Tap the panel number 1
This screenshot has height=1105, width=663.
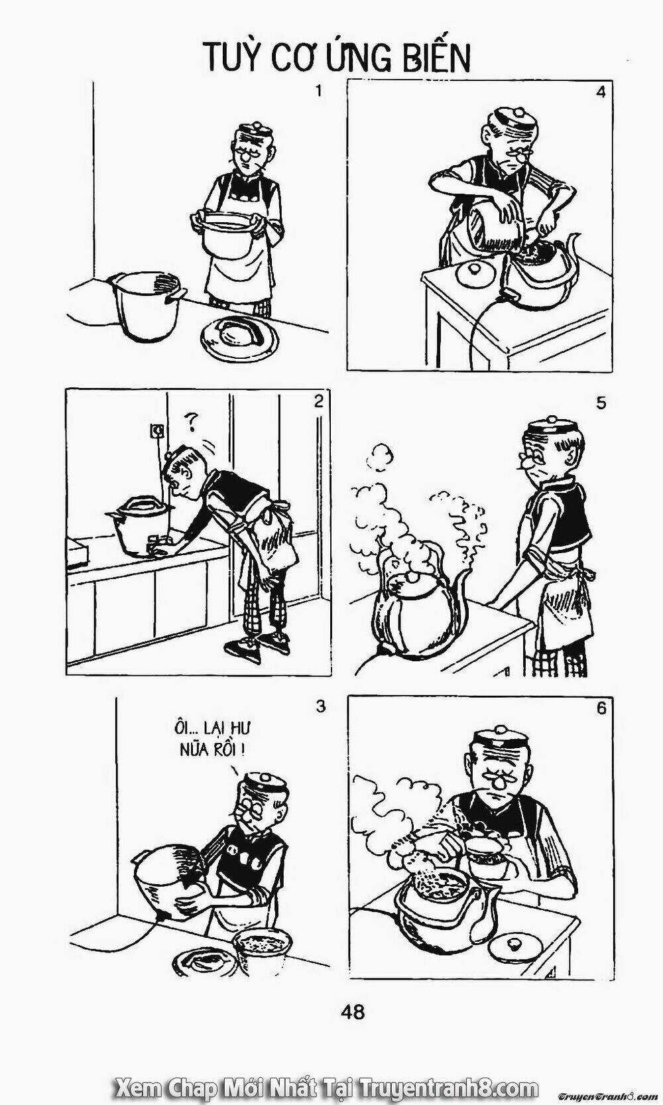[318, 91]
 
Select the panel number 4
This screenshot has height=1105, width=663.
[601, 92]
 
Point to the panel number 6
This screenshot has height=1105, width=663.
[601, 708]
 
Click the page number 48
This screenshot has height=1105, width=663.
[353, 1012]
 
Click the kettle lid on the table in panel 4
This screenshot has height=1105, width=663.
[475, 272]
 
